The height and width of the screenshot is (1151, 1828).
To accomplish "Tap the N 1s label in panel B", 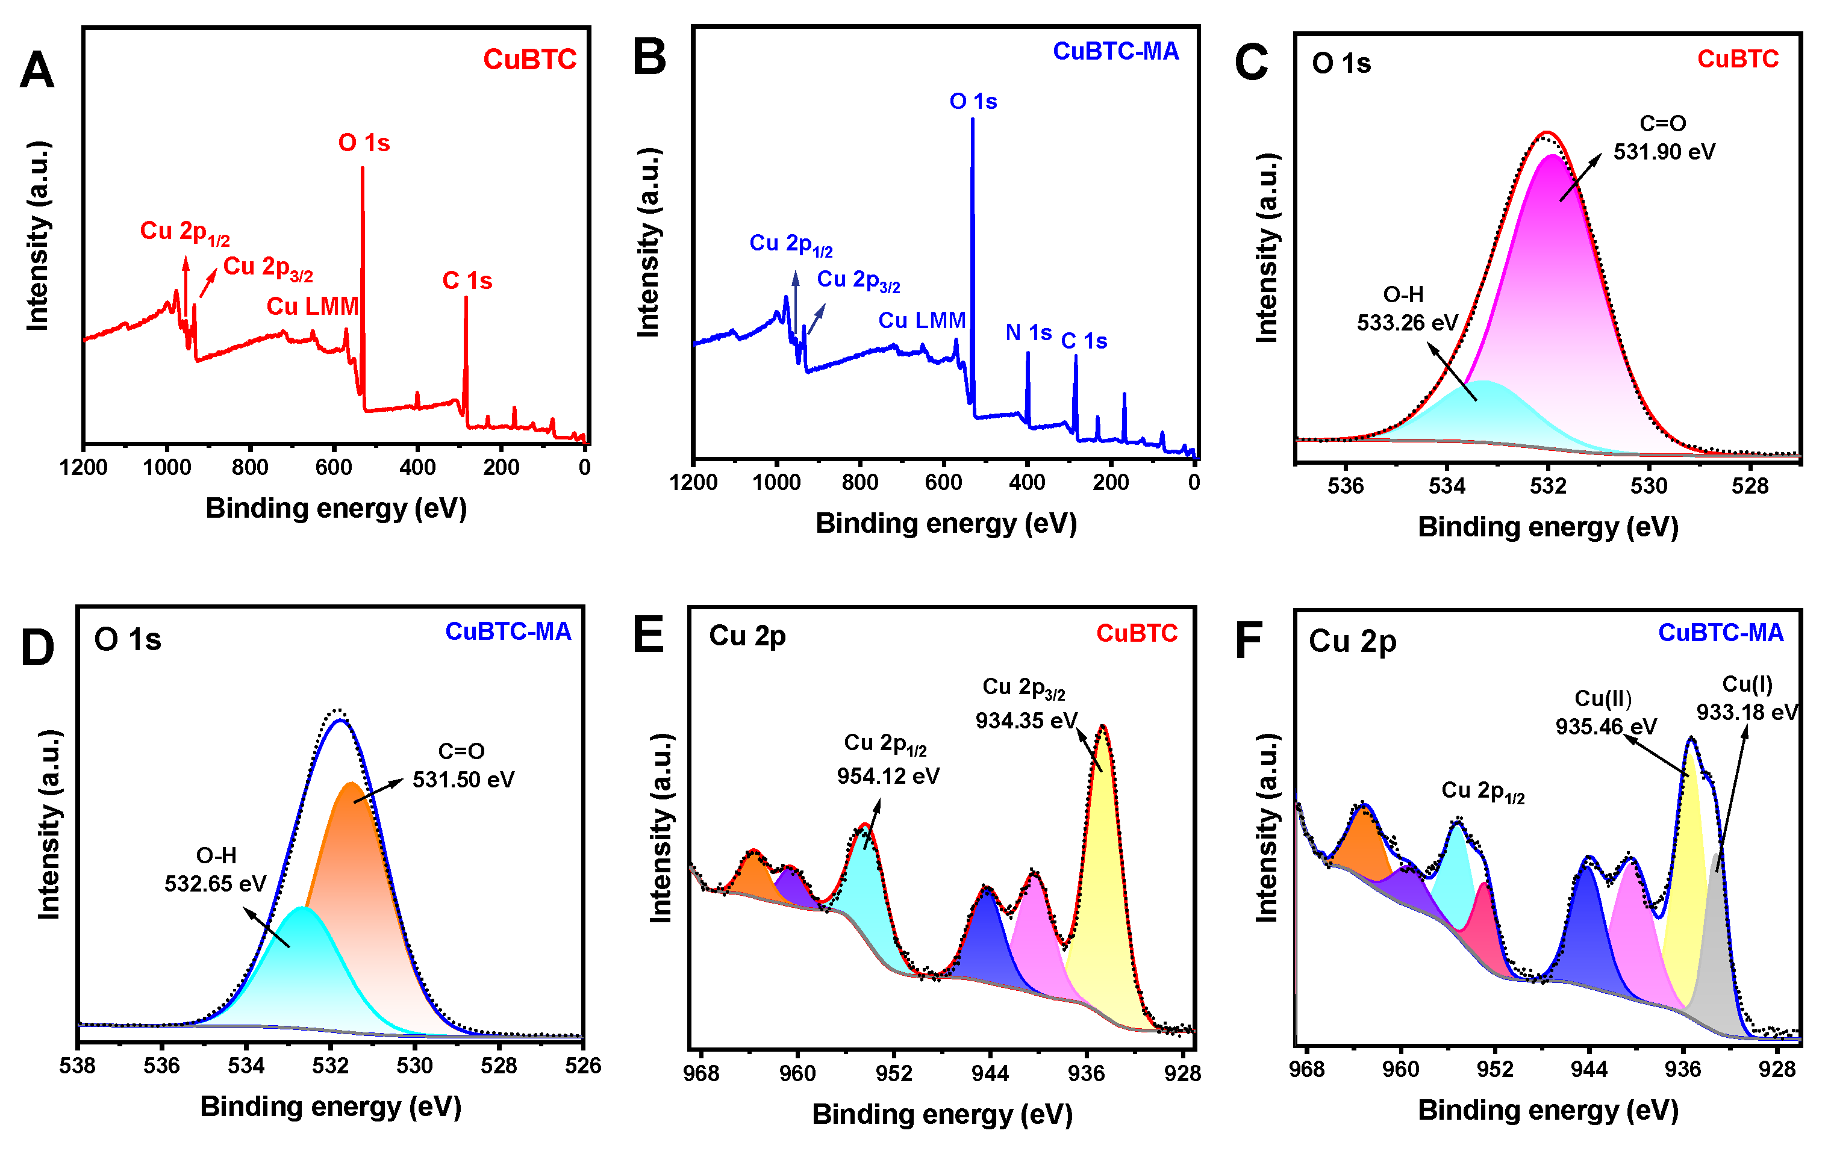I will click(1028, 332).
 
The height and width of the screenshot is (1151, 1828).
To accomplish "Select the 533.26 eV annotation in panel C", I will click(1406, 323).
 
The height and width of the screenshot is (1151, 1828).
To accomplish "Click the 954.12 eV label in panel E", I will click(888, 775).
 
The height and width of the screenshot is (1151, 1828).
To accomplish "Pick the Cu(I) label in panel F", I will click(1747, 684).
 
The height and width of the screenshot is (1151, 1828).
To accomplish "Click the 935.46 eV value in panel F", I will click(1606, 726).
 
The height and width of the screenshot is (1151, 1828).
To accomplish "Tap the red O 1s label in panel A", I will click(364, 143).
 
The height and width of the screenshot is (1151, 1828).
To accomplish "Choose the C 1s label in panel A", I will click(467, 281).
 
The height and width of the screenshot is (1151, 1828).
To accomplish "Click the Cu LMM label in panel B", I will click(922, 320).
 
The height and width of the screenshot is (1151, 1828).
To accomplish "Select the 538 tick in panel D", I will click(78, 1066).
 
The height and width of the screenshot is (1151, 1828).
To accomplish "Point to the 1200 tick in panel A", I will click(84, 467).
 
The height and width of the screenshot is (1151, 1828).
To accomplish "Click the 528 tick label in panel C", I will click(1750, 486).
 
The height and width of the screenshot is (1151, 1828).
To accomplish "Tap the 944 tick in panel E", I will click(990, 1073).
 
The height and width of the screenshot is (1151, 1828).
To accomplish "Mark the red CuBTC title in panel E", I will click(1137, 633).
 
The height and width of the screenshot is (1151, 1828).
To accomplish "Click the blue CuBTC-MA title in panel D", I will click(508, 631).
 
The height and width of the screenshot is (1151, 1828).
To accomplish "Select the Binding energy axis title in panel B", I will click(946, 524).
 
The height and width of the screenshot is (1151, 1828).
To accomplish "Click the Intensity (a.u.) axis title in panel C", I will click(1266, 248).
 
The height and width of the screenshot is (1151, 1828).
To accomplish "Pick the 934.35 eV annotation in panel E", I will click(1026, 720).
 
